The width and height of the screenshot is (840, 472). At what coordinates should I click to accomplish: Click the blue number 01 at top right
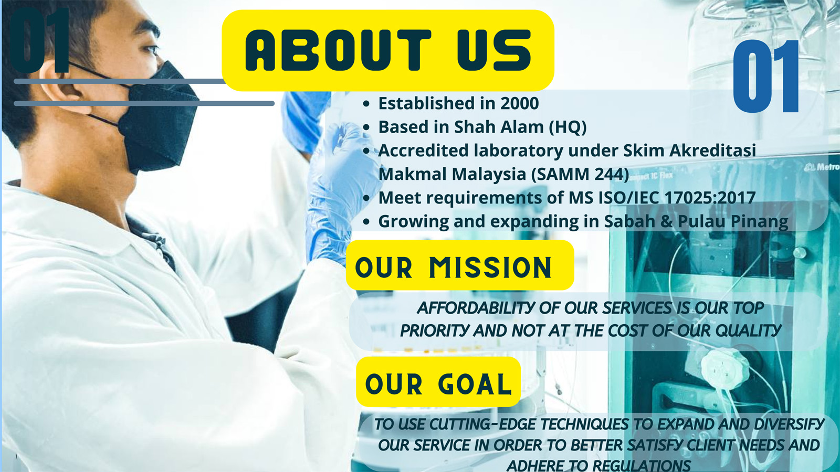pyautogui.click(x=766, y=76)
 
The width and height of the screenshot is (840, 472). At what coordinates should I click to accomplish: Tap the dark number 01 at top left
pyautogui.click(x=40, y=40)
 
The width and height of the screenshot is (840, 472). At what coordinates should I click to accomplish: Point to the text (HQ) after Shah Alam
pyautogui.click(x=568, y=127)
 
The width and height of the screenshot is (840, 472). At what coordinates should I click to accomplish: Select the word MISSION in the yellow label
pyautogui.click(x=490, y=267)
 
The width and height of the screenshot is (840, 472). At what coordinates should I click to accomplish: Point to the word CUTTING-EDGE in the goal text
pyautogui.click(x=482, y=424)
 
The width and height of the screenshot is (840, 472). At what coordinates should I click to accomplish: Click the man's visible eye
pyautogui.click(x=151, y=49)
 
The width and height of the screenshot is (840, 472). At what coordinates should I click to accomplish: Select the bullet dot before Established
pyautogui.click(x=366, y=104)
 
